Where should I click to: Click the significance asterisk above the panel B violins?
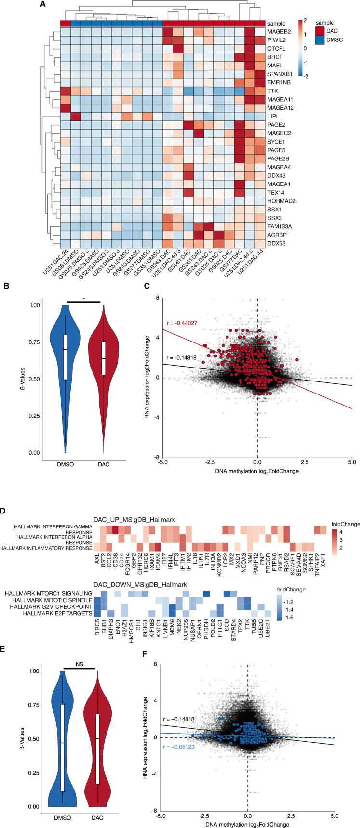pos(84,299)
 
